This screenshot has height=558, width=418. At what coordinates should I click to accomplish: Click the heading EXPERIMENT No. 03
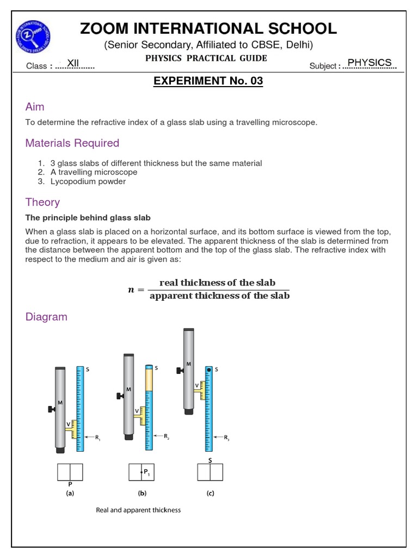(208, 81)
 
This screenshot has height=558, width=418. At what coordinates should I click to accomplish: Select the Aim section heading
(35, 107)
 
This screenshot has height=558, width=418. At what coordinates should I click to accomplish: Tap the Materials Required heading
(72, 143)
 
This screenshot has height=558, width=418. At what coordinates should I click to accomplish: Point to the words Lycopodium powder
(88, 181)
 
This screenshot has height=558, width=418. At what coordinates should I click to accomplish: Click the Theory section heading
(42, 202)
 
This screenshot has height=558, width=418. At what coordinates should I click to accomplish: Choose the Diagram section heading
(46, 317)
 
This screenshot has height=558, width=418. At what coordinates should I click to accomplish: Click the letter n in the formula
(131, 290)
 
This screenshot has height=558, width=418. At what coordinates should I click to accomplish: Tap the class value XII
(73, 64)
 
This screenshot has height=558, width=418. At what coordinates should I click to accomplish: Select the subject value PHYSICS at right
(369, 63)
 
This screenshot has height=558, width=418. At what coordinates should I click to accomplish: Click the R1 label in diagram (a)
(98, 437)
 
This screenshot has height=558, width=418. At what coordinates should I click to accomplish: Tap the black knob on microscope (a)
(51, 409)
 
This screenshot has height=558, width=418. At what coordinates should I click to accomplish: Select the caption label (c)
(210, 494)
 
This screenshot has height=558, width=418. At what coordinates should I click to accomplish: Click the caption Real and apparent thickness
(138, 511)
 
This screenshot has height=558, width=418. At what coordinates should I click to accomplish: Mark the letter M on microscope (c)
(188, 364)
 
